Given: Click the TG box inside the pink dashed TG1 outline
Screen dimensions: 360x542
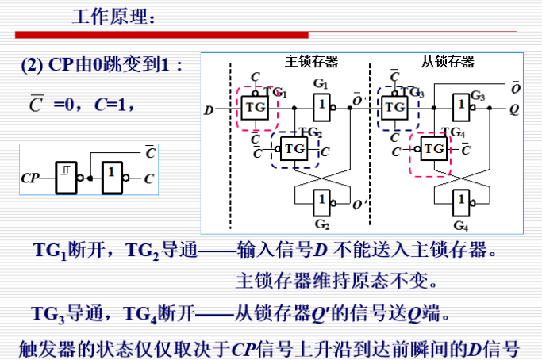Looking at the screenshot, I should click(256, 107).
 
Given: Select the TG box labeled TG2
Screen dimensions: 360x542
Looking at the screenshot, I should click(294, 147).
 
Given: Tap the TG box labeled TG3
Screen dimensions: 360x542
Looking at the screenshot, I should click(394, 106).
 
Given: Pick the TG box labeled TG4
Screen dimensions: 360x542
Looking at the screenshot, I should click(433, 147).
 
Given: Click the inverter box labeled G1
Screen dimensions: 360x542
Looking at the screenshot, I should click(321, 105).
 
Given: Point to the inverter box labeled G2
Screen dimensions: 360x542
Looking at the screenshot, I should click(321, 201).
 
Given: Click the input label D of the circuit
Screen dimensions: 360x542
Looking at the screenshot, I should click(209, 109).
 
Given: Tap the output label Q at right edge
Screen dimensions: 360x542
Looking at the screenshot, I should click(514, 109).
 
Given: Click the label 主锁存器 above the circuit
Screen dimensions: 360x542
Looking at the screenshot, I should click(312, 61).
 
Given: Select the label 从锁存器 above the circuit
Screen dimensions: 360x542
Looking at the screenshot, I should click(448, 61).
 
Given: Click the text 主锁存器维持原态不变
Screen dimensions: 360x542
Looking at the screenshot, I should click(337, 281).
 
